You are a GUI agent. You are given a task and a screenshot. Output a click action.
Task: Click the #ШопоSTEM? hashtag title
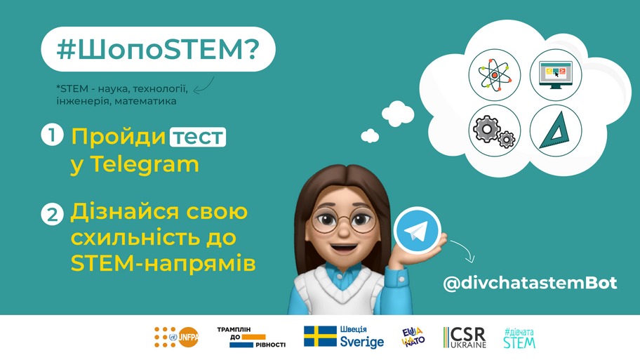click(158, 49)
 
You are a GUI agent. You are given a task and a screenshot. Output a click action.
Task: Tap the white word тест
click(198, 137)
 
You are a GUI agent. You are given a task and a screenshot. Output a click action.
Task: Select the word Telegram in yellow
click(145, 164)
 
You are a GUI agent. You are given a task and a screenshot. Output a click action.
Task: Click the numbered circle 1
click(52, 135)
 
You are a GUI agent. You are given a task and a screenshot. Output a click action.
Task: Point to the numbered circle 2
click(52, 214)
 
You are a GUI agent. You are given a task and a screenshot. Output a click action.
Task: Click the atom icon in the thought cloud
click(494, 74)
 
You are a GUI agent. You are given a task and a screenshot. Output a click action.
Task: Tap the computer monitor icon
click(556, 74)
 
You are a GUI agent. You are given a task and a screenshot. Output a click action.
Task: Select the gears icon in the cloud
click(494, 131)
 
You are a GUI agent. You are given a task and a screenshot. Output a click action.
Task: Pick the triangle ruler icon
click(556, 131)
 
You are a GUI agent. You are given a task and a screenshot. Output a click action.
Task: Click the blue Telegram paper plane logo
click(417, 230)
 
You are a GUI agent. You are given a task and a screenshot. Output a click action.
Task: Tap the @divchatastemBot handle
click(530, 283)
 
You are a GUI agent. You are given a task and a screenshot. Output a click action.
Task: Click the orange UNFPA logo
click(176, 337)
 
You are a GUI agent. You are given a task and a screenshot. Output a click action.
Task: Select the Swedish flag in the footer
click(320, 336)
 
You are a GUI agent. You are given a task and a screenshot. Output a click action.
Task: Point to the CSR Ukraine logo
click(465, 338)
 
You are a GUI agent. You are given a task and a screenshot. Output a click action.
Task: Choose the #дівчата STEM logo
click(519, 338)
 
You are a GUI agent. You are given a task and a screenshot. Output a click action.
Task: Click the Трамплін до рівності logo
click(251, 337)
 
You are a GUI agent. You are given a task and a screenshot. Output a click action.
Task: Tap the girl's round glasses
click(343, 221)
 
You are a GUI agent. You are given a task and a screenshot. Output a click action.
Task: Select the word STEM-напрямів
click(164, 263)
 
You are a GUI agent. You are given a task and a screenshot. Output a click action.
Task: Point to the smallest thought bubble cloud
click(370, 135)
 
